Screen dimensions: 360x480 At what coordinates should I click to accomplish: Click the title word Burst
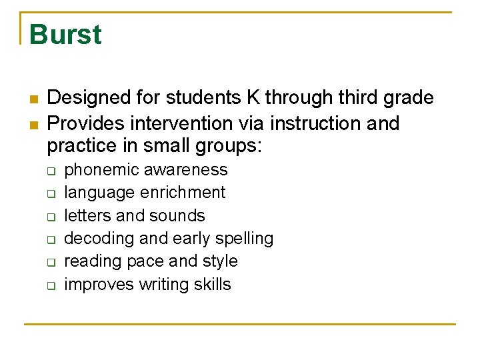coord(65,35)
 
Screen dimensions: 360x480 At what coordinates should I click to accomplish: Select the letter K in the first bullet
coord(253,98)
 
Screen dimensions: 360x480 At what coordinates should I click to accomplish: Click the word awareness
coord(186,170)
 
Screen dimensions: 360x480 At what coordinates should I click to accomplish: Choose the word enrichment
coord(183,193)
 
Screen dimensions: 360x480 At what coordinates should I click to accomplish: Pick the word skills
coord(213,285)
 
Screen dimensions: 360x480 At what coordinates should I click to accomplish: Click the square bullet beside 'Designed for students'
coord(32,99)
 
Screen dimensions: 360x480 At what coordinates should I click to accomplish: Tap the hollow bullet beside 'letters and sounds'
coord(50,217)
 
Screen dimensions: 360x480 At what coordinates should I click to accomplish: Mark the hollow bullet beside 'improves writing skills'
coord(50,285)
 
